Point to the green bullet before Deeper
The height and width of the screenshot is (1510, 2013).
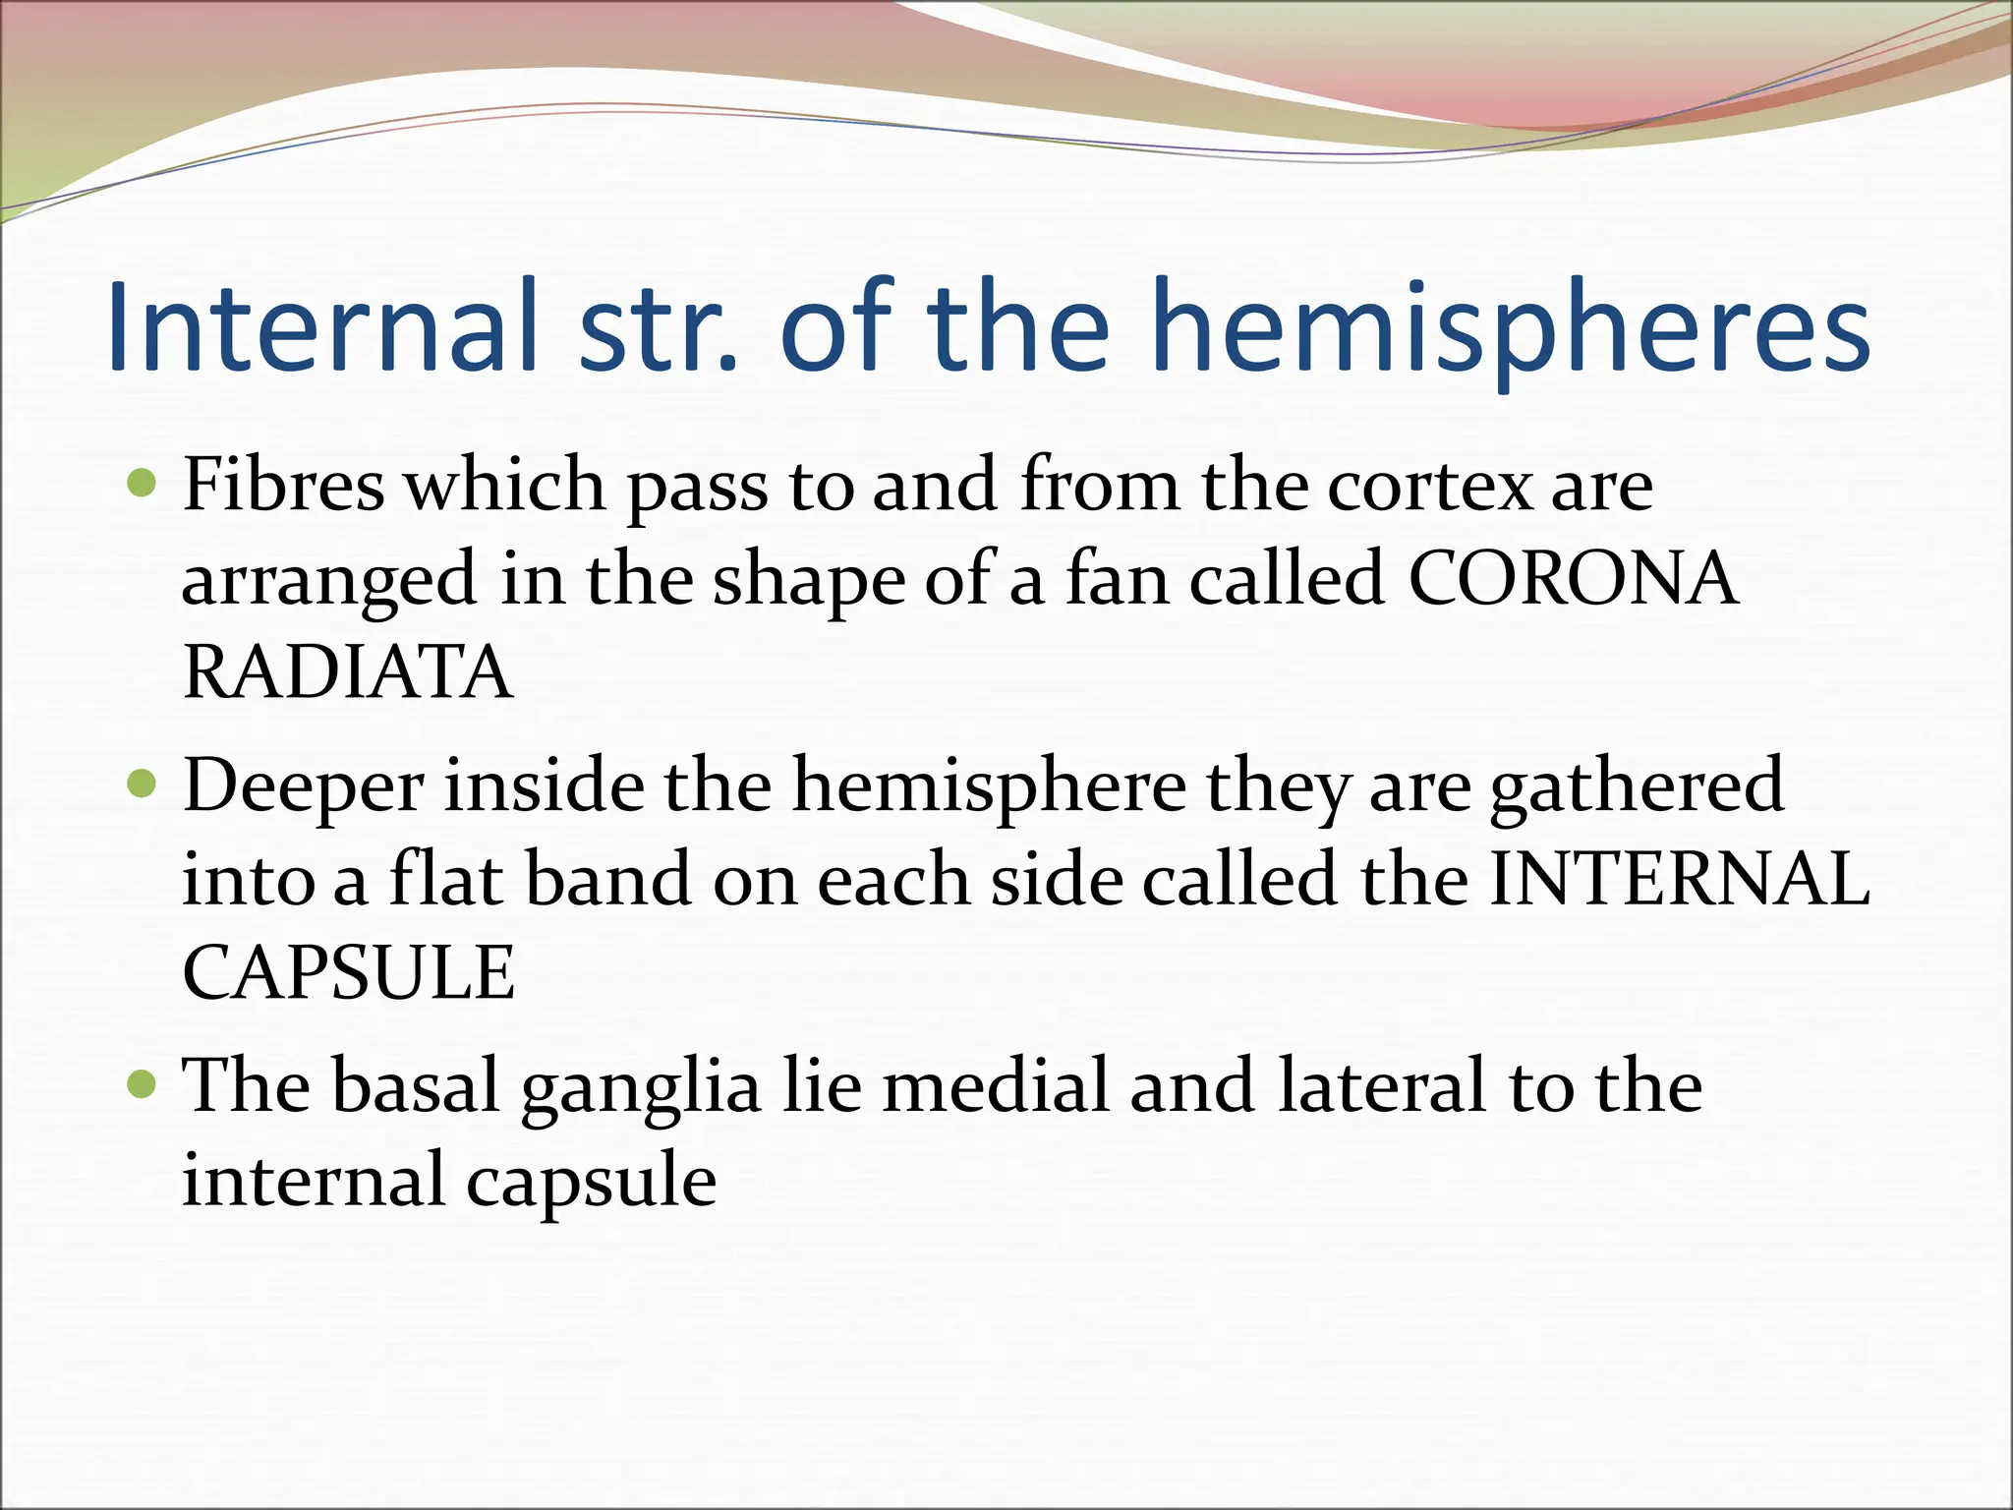tap(144, 784)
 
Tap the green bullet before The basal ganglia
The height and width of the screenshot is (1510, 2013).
tap(144, 1084)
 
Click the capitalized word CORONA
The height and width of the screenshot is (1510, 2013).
tap(1573, 579)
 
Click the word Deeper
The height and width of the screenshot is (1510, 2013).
tap(304, 787)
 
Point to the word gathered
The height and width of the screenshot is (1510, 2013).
tap(1638, 787)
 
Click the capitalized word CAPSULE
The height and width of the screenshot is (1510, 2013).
tap(349, 972)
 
